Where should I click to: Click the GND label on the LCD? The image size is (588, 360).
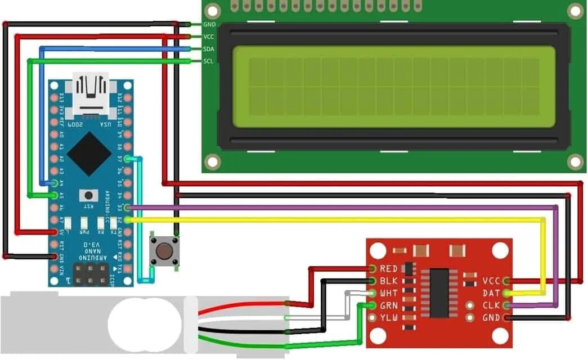point(209,25)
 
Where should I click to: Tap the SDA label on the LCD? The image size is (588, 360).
point(209,49)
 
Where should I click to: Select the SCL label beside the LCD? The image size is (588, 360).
point(209,61)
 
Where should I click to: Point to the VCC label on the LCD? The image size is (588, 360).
point(209,37)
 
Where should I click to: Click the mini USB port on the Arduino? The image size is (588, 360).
point(91,91)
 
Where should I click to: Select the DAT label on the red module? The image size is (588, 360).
point(491,293)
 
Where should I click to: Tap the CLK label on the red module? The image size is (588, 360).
point(491,305)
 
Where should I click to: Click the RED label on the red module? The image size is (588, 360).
point(389,269)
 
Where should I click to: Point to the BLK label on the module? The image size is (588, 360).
point(389,281)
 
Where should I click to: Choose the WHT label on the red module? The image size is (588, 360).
point(389,293)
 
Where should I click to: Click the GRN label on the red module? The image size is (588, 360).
point(389,305)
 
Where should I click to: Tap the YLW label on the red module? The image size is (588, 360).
point(389,318)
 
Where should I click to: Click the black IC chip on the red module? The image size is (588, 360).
point(439,292)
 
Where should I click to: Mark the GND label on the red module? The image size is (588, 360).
point(491,317)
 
